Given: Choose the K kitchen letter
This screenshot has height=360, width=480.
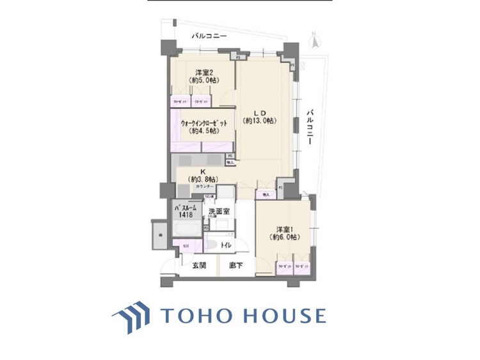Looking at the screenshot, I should pos(202,171).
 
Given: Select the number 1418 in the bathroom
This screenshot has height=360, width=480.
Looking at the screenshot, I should pos(186,216).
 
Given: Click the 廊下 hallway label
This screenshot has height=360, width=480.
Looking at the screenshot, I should pos(227,265).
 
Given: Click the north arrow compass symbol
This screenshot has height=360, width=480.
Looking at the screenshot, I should pos(314,40).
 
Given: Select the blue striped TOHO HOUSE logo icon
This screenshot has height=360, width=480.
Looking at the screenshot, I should pos(132,316).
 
